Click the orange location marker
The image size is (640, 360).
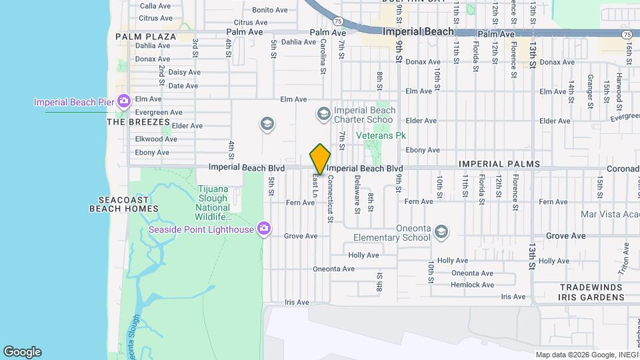click(320, 159)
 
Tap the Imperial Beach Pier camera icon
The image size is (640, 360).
click(123, 101)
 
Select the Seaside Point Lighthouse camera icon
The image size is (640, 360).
click(264, 229)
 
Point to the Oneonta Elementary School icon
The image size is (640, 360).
click(440, 232)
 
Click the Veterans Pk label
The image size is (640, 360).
click(381, 135)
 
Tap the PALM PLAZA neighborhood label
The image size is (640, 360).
click(145, 37)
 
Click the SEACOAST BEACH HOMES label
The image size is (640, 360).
click(124, 204)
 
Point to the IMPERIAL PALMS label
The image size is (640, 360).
click(499, 164)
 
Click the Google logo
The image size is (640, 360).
click(22, 352)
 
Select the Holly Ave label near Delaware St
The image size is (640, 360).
click(363, 255)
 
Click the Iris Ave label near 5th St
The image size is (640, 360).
click(297, 302)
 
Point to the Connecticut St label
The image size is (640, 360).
click(329, 199)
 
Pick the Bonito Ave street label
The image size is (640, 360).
click(269, 10)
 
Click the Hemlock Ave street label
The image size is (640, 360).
click(472, 285)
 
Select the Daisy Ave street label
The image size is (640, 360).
click(184, 72)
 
